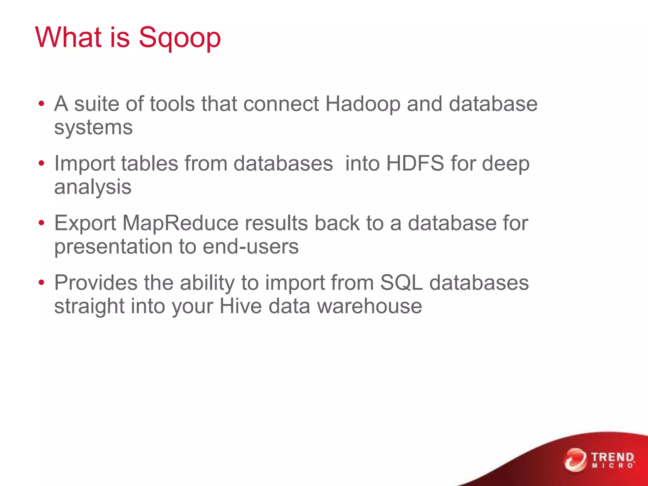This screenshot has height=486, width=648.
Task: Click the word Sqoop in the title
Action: click(179, 38)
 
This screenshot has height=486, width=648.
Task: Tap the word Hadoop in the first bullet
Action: click(363, 104)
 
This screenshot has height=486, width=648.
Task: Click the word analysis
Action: click(93, 187)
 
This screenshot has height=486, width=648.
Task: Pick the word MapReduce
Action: click(180, 223)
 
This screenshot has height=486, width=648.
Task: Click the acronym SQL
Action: click(401, 282)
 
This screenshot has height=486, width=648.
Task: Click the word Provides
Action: click(96, 282)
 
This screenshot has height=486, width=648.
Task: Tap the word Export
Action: click(85, 223)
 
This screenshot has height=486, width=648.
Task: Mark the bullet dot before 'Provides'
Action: click(41, 282)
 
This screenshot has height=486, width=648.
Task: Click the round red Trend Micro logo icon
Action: click(575, 459)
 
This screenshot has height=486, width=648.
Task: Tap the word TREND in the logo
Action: click(613, 457)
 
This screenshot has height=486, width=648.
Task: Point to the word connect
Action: click(281, 104)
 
